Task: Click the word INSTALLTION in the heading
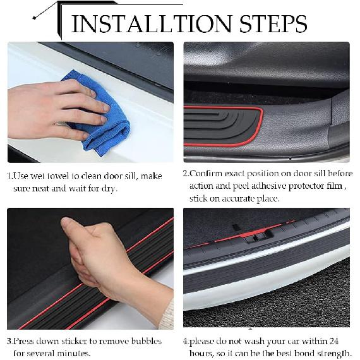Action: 152,23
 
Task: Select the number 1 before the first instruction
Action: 9,176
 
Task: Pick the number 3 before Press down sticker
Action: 9,341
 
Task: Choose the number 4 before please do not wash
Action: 186,341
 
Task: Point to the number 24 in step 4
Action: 344,341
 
